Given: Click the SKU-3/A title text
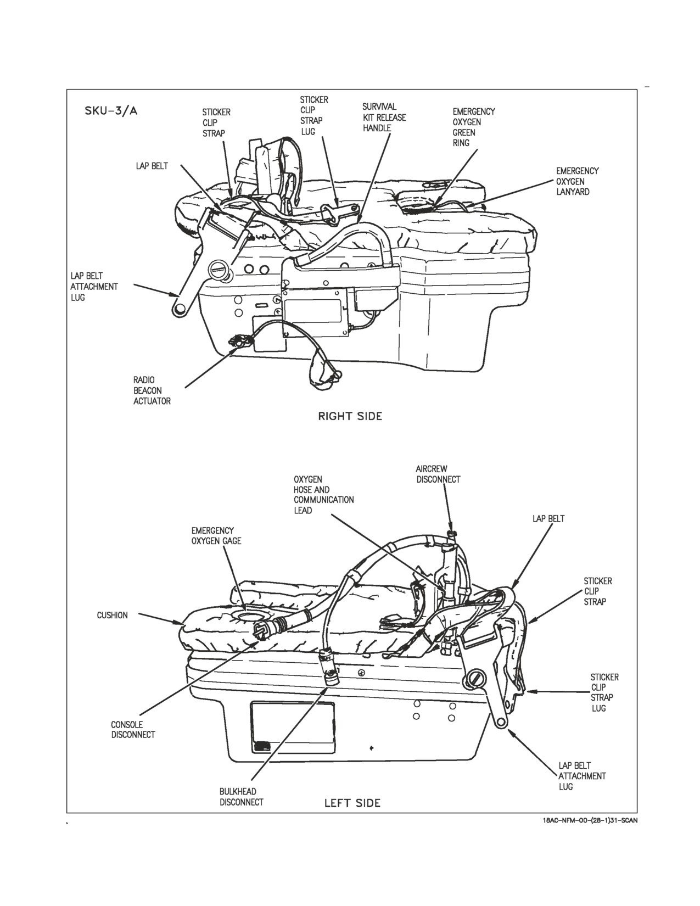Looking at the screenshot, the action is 111,111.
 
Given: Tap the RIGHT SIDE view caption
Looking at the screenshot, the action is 350,416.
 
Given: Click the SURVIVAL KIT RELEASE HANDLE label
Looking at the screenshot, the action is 384,118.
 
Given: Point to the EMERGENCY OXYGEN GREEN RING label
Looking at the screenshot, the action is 474,127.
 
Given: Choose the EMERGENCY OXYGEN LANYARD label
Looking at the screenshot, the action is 577,181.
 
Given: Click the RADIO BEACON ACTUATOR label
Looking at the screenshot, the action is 152,390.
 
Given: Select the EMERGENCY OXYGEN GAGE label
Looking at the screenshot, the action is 216,536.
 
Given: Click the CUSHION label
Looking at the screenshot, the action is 112,616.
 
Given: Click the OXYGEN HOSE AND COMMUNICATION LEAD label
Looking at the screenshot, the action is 323,495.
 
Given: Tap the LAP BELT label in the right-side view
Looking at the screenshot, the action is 152,166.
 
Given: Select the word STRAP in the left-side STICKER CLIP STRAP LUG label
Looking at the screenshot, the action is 602,697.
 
